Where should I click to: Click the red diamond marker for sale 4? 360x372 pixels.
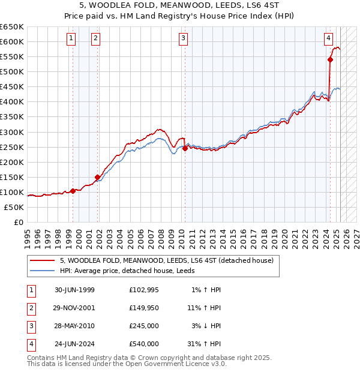[x=330, y=59]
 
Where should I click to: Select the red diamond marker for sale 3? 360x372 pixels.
[x=185, y=148]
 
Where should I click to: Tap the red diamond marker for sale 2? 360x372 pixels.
[x=97, y=177]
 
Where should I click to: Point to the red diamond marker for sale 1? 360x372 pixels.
[x=73, y=191]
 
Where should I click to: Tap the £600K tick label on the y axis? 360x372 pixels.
[x=11, y=41]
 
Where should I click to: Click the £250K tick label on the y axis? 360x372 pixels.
[x=11, y=147]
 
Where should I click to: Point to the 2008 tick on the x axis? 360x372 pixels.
[x=161, y=234]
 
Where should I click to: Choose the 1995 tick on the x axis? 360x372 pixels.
[x=28, y=234]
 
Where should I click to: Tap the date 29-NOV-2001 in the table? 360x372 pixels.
[x=74, y=308]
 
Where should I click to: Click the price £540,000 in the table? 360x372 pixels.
[x=143, y=344]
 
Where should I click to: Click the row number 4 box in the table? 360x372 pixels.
[x=31, y=344]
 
